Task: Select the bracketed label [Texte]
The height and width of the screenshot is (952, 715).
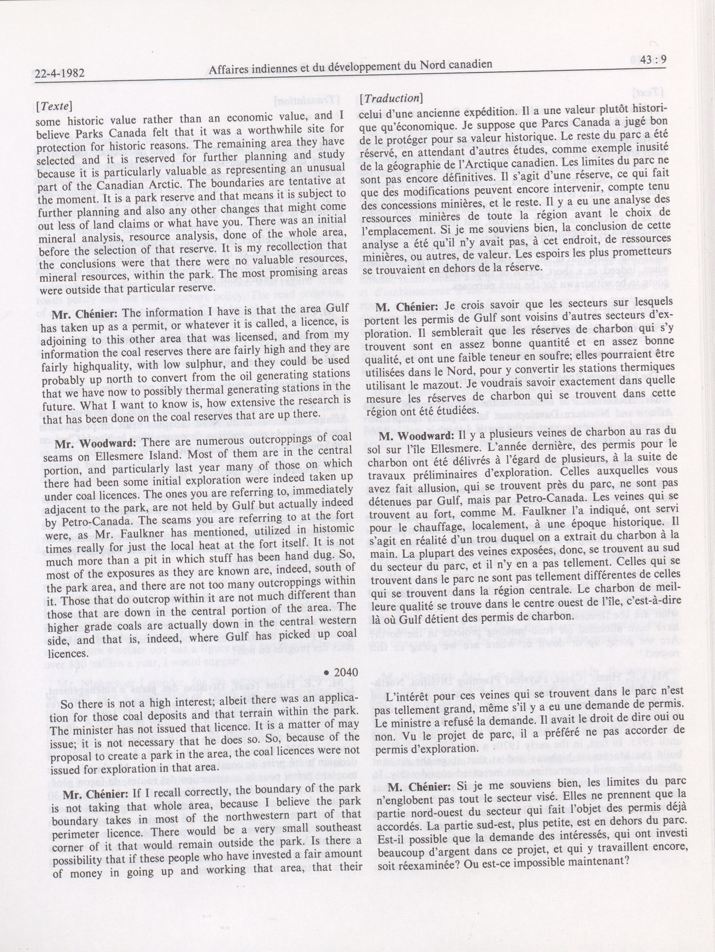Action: coord(54,106)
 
